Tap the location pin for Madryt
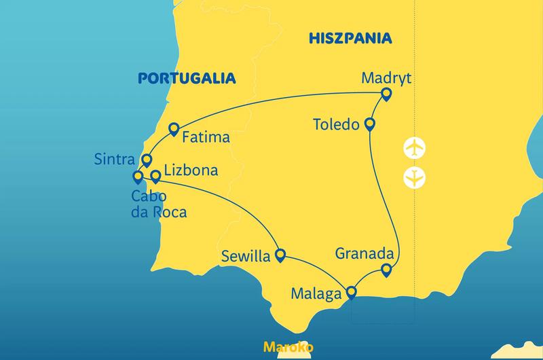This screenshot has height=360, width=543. click(386, 94)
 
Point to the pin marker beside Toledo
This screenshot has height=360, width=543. click(370, 124)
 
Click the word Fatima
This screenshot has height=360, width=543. click(206, 137)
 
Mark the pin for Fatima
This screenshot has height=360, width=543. click(173, 128)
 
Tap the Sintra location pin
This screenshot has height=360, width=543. click(146, 160)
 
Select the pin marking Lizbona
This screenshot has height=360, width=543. click(155, 176)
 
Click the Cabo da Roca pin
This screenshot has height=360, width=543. click(138, 177)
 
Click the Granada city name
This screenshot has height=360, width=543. click(365, 253)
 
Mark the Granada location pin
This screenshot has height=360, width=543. click(386, 270)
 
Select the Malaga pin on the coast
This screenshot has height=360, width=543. click(351, 293)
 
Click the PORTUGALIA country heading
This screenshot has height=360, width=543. click(187, 78)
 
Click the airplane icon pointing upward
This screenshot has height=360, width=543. click(413, 147)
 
